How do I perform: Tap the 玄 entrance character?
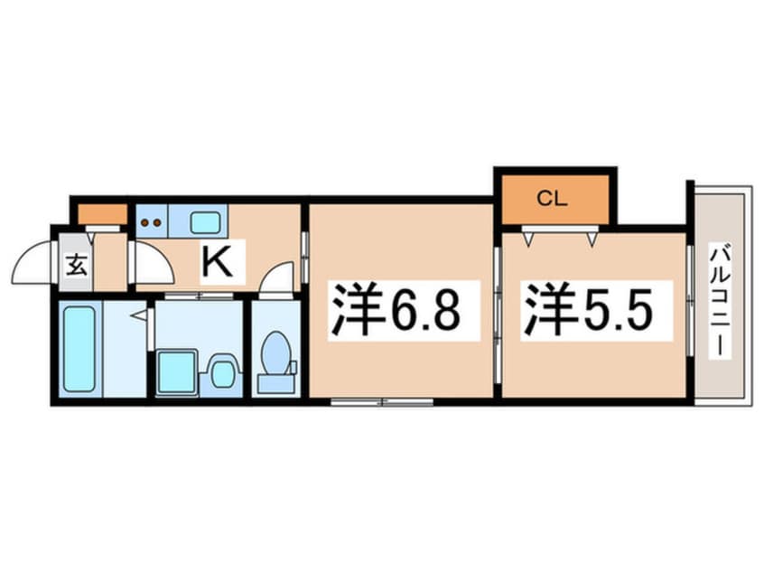pyautogui.click(x=77, y=267)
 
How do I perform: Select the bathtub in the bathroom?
pyautogui.click(x=79, y=349)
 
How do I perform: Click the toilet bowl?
pyautogui.click(x=275, y=352)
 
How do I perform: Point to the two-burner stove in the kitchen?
pyautogui.click(x=152, y=221)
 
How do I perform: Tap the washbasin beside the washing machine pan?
pyautogui.click(x=222, y=371)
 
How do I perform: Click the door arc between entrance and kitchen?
pyautogui.click(x=152, y=263)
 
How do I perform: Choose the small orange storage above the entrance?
pyautogui.click(x=101, y=214)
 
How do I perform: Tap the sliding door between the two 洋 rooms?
pyautogui.click(x=498, y=299)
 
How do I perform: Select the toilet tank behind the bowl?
pyautogui.click(x=275, y=383)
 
